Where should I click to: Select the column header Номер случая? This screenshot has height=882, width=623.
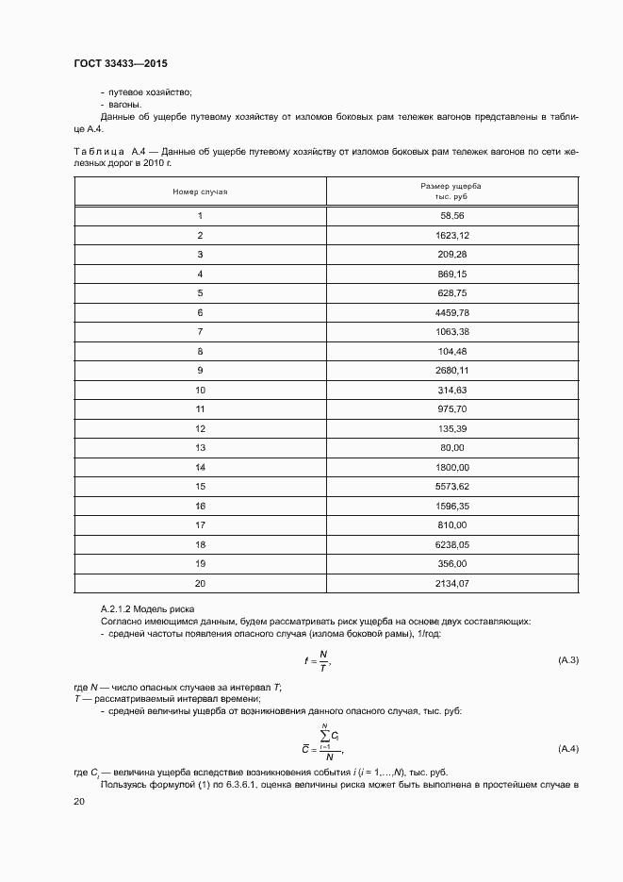pos(200,191)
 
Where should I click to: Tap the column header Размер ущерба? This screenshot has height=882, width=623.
pos(451,187)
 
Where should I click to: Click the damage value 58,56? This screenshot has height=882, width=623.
pos(451,215)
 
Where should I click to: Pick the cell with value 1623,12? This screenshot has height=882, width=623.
pos(451,235)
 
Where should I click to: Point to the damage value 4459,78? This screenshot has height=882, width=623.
pos(451,311)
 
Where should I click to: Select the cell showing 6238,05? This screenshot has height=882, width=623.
pos(451,544)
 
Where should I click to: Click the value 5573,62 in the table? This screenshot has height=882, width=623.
pos(451,487)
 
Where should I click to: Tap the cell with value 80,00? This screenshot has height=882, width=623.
pos(451,447)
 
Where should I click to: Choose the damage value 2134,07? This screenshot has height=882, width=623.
pos(451,584)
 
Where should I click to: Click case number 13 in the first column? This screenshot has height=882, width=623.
pos(200,447)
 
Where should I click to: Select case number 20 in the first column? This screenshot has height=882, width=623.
pos(200,584)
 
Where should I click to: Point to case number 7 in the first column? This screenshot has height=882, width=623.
pos(200,331)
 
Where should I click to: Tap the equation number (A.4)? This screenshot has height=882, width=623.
pos(568,748)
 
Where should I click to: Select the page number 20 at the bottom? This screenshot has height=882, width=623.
pos(79,801)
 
